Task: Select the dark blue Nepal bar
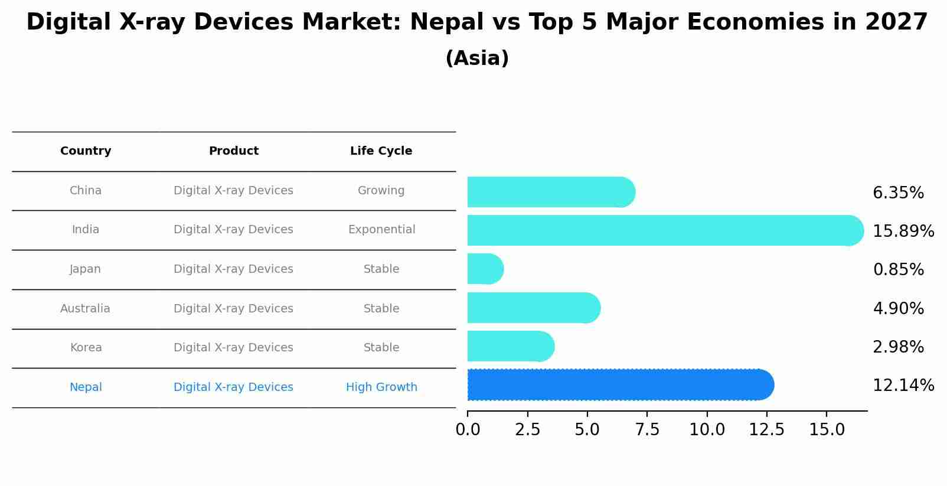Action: (620, 385)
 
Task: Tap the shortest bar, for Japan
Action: (485, 269)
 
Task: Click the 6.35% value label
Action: (897, 193)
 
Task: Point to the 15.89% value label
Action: (903, 231)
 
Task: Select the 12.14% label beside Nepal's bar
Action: (903, 386)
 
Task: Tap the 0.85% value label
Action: (897, 270)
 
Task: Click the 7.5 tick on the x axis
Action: (646, 430)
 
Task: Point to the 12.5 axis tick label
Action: (766, 430)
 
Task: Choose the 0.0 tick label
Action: (468, 430)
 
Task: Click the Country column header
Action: (86, 151)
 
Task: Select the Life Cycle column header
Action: (381, 151)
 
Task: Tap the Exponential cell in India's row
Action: (381, 230)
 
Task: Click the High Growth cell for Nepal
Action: (381, 387)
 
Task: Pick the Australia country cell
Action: (85, 309)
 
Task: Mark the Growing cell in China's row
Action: (381, 191)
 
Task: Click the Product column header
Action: (233, 151)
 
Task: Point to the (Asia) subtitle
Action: (477, 58)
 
